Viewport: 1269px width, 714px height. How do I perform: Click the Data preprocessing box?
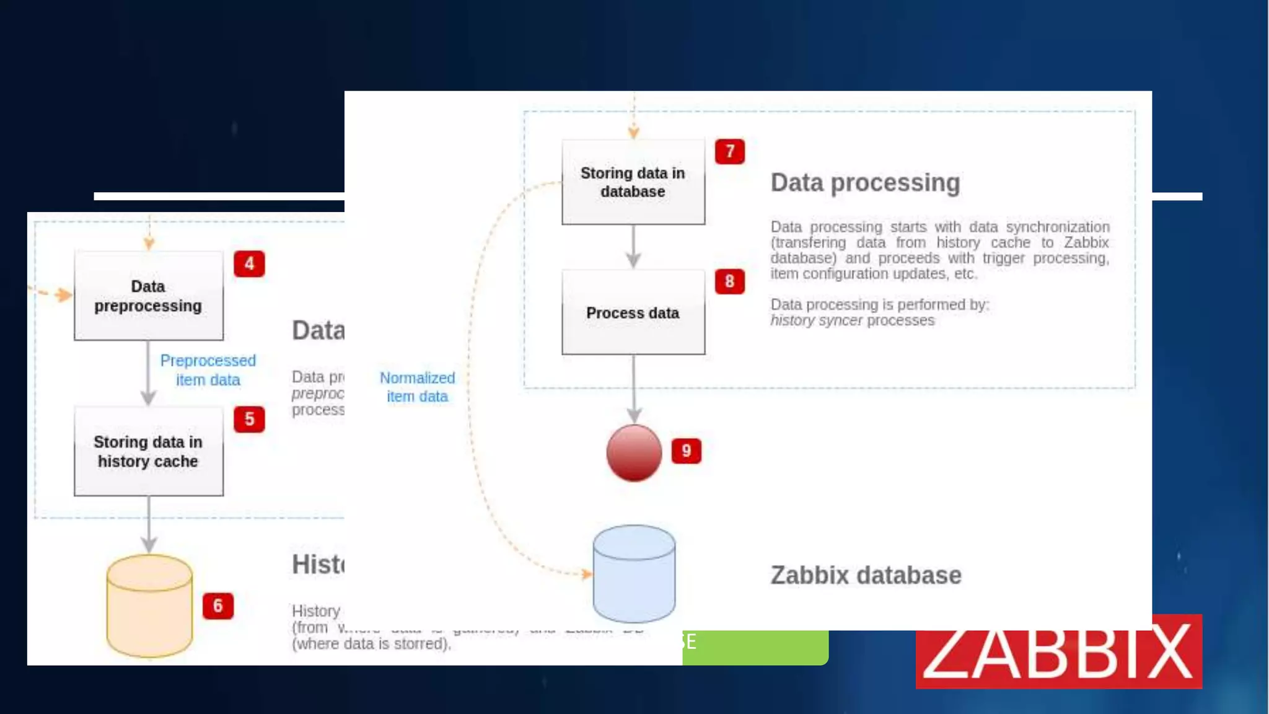(148, 296)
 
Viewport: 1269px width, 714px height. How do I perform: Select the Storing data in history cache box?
(148, 451)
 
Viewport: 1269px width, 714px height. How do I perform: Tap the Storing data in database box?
(633, 182)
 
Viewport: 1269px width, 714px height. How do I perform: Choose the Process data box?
(633, 312)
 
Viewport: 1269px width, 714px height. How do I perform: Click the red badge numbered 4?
(249, 264)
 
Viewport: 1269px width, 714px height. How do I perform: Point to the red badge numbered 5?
(249, 420)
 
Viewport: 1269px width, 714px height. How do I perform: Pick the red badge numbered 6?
(218, 606)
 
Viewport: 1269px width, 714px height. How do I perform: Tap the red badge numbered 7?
(730, 152)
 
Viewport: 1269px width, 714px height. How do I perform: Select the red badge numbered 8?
(730, 282)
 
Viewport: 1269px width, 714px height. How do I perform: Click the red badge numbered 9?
(687, 451)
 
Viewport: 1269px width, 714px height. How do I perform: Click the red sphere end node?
(634, 453)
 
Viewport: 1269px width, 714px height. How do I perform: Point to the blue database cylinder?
(634, 573)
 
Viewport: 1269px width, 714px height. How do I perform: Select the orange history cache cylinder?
(149, 606)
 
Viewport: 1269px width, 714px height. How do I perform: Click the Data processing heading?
(865, 183)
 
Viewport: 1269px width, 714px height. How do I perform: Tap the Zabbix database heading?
(866, 575)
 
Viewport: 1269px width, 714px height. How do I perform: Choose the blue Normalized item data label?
(417, 387)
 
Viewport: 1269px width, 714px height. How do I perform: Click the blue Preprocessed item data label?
(208, 370)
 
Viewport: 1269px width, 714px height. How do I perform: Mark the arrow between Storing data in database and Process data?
(633, 246)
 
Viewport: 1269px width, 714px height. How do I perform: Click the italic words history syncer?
(816, 320)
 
